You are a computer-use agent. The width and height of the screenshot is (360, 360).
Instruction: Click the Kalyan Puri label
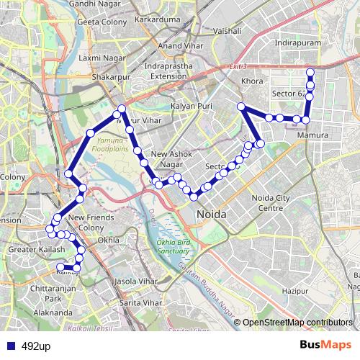click(191, 107)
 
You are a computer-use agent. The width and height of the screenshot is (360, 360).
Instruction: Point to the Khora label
click(253, 81)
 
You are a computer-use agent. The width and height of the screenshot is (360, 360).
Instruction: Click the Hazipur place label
click(295, 290)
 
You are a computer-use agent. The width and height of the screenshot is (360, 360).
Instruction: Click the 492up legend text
click(36, 346)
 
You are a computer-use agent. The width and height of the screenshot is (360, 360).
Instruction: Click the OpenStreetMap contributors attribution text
click(297, 323)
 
